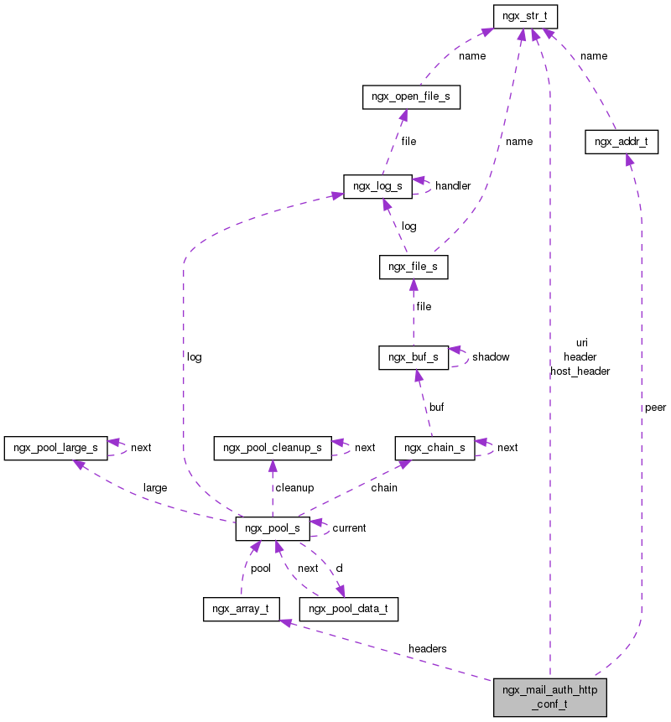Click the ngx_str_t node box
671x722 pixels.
(525, 16)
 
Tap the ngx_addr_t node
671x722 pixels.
(620, 142)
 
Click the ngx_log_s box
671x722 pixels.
(377, 185)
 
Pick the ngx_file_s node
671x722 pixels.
(413, 268)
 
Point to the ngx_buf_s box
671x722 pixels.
(413, 356)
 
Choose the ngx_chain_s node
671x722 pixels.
(434, 447)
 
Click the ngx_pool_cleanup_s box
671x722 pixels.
(273, 447)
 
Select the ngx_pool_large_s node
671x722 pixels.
(56, 447)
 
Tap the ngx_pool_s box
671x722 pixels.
(273, 528)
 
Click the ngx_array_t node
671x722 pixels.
(241, 609)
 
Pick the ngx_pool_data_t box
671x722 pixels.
(348, 609)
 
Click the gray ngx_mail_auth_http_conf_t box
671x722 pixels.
(549, 697)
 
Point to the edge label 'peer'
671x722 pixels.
(655, 408)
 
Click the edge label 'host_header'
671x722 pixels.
(580, 371)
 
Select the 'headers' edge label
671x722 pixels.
(427, 648)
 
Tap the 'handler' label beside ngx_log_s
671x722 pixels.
(452, 185)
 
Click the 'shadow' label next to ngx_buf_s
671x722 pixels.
(491, 356)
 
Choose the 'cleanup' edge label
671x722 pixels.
(295, 487)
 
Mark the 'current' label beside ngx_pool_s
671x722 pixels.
(349, 528)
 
